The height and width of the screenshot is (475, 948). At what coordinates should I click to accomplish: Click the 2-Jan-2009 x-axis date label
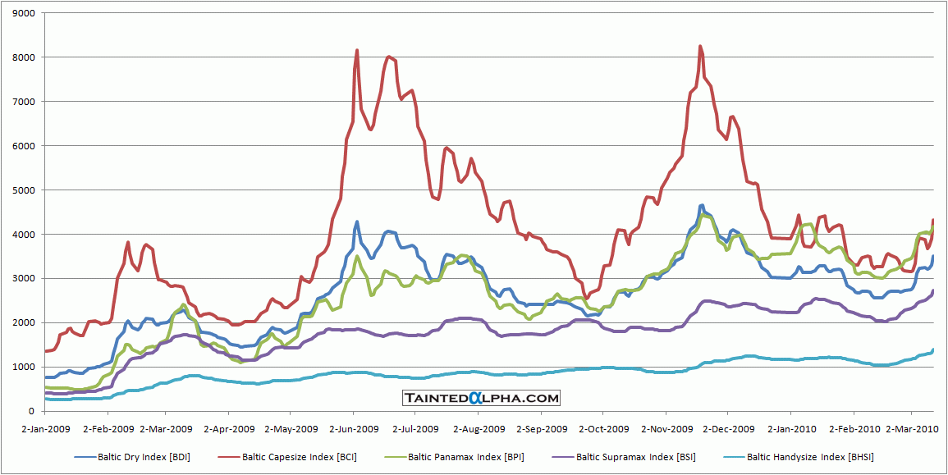point(46,428)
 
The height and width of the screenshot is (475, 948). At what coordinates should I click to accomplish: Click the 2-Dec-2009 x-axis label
point(730,428)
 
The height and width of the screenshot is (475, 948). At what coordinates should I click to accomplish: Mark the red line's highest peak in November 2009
point(700,47)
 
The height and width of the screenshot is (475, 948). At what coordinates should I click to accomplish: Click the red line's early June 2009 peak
point(357,50)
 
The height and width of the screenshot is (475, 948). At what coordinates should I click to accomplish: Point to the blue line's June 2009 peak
point(357,222)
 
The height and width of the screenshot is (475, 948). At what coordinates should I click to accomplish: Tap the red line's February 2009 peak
point(128,242)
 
